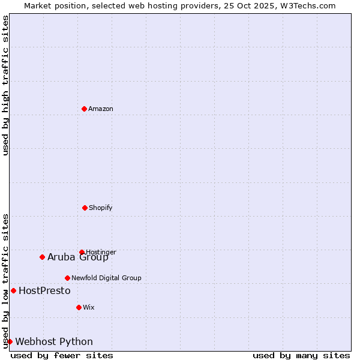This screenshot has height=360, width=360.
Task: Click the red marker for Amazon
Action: click(x=84, y=109)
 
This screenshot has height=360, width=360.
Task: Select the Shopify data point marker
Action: click(x=85, y=208)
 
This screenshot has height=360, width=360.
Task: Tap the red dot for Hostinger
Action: click(x=82, y=252)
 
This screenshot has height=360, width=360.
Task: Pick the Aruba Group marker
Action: click(x=42, y=257)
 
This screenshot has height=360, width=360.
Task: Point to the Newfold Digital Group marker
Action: click(x=67, y=278)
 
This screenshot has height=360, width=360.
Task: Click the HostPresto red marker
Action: click(x=13, y=290)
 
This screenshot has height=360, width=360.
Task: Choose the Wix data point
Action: click(x=79, y=307)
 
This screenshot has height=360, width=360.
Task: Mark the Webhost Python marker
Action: click(x=10, y=341)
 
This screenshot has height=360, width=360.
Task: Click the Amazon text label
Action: click(x=101, y=109)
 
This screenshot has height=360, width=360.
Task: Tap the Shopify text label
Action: click(x=101, y=208)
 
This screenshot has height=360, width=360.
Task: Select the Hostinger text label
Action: click(x=101, y=252)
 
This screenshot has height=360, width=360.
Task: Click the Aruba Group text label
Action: click(x=78, y=257)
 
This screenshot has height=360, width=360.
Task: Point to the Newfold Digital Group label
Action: click(x=106, y=278)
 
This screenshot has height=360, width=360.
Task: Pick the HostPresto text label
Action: click(x=44, y=291)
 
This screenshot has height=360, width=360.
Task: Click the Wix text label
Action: click(x=89, y=308)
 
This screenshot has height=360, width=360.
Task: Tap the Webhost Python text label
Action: click(x=54, y=342)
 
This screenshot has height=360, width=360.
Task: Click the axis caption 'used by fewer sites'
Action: click(x=62, y=355)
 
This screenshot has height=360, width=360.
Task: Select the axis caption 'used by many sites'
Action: click(x=301, y=355)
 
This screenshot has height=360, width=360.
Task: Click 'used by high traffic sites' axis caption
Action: click(x=5, y=85)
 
